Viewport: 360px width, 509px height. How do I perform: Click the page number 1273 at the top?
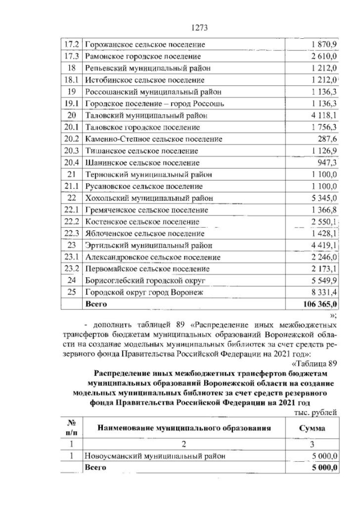(x=200, y=28)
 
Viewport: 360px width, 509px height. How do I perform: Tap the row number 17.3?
(x=71, y=56)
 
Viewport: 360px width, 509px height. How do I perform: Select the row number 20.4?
(x=71, y=163)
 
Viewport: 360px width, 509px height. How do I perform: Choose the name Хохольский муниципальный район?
(x=148, y=198)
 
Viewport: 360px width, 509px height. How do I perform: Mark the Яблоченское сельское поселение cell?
(x=145, y=233)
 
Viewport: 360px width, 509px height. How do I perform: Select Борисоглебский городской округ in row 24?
(x=146, y=281)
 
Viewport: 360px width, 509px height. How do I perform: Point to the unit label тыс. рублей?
(x=316, y=412)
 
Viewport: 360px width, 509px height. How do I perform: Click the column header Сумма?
(x=312, y=427)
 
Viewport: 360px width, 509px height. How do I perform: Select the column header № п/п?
(x=71, y=427)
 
